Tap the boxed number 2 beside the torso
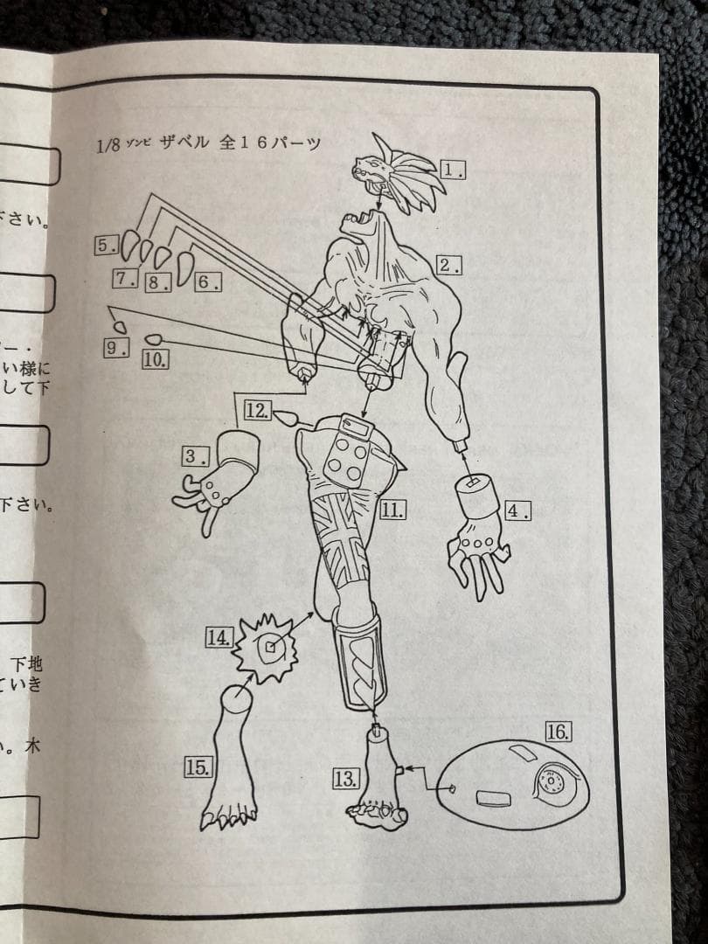click(x=448, y=265)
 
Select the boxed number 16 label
click(x=558, y=732)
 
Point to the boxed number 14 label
click(x=218, y=637)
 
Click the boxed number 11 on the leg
click(x=391, y=509)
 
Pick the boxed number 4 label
click(x=517, y=510)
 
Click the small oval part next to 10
click(x=154, y=339)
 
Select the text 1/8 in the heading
click(x=113, y=144)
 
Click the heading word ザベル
click(x=184, y=143)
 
